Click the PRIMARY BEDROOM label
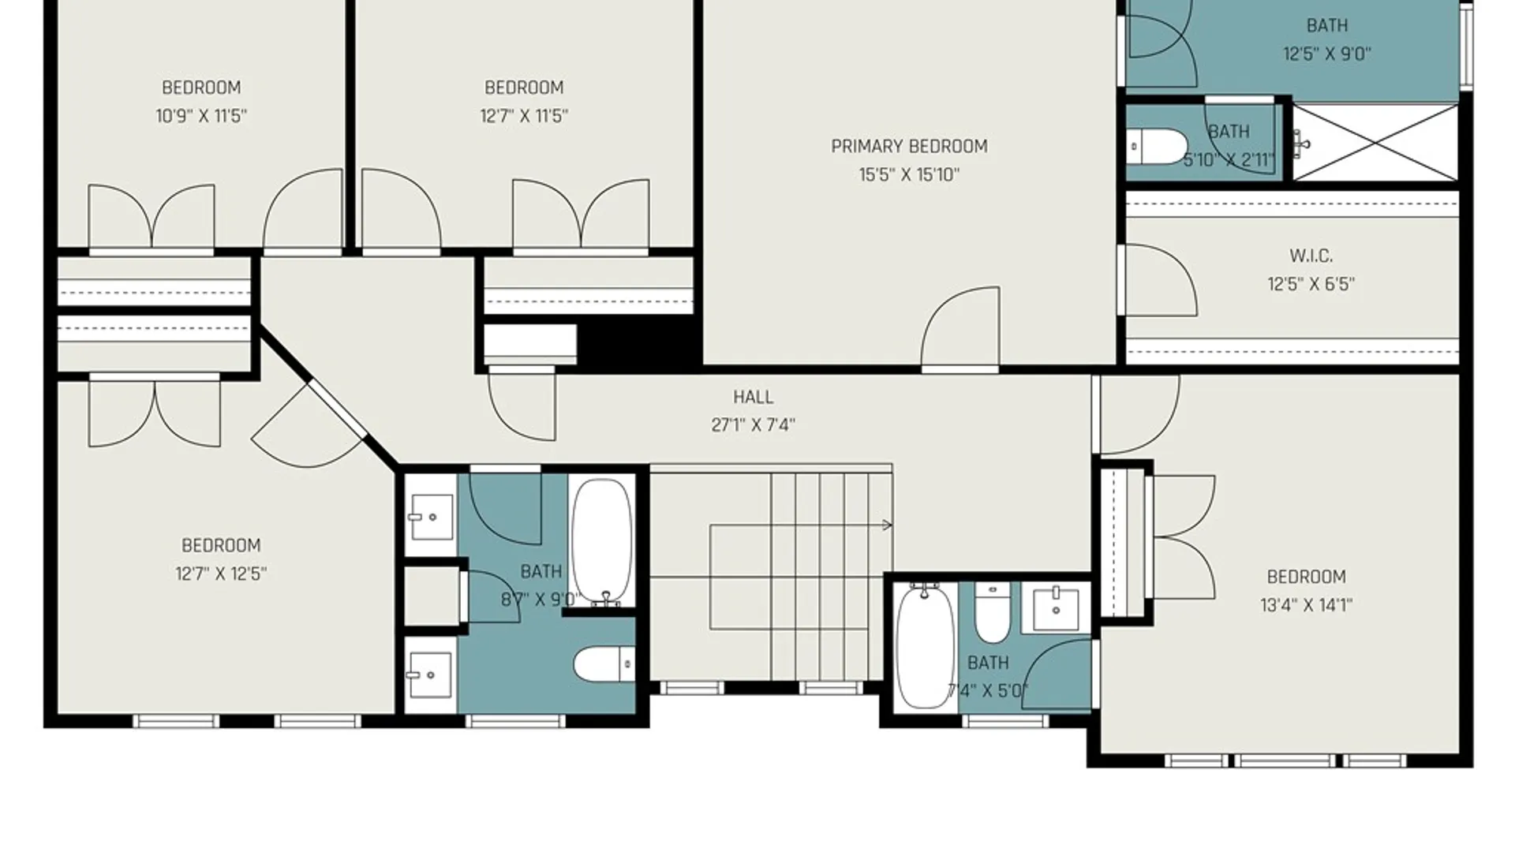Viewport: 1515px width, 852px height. [909, 147]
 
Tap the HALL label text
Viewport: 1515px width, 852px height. [753, 397]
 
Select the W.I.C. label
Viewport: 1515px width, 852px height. [1311, 256]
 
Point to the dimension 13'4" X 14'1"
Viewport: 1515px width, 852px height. [1306, 605]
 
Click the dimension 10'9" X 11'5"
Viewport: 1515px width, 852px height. [201, 116]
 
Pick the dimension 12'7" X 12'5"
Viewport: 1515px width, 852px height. [221, 574]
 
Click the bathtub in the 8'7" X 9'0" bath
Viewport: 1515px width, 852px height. [602, 543]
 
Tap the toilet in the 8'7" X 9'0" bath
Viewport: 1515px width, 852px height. [604, 664]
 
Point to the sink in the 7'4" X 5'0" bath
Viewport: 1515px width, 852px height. [1056, 608]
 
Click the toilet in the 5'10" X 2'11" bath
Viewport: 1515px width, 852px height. [1157, 147]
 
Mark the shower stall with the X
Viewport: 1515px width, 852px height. [1375, 143]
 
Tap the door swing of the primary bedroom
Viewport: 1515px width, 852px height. [960, 327]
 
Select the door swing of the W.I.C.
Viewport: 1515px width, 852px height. [1161, 280]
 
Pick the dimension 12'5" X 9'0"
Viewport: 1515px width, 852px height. [1326, 54]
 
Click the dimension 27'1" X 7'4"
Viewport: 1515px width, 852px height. [753, 425]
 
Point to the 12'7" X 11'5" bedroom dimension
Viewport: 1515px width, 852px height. [524, 116]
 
